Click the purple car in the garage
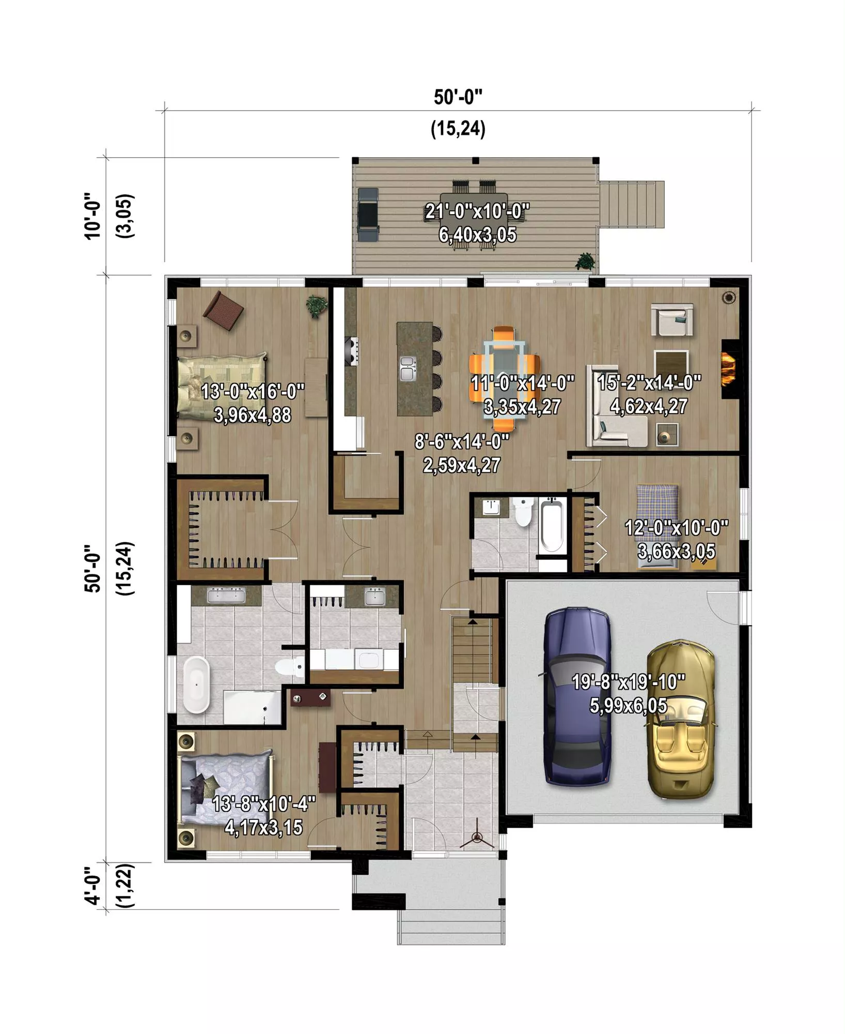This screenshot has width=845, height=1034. [x=577, y=697]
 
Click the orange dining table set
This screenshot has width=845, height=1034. [x=505, y=378]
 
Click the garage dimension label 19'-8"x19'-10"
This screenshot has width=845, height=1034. [x=629, y=682]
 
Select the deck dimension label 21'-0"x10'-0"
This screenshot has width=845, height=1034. [x=477, y=211]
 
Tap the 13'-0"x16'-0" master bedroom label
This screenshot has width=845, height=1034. [x=253, y=391]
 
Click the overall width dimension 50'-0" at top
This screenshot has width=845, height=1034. [x=458, y=97]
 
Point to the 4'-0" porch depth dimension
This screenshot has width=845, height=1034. [x=92, y=886]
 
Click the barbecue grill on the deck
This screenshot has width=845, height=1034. [x=368, y=215]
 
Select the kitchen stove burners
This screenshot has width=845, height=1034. [x=354, y=351]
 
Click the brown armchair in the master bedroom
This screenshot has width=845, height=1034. [x=223, y=310]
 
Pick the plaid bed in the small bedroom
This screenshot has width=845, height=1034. [x=657, y=525]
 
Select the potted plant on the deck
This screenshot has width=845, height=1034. [x=586, y=261]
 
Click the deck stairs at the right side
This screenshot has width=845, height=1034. [x=631, y=204]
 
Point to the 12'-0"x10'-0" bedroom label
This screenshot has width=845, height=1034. [x=677, y=528]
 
